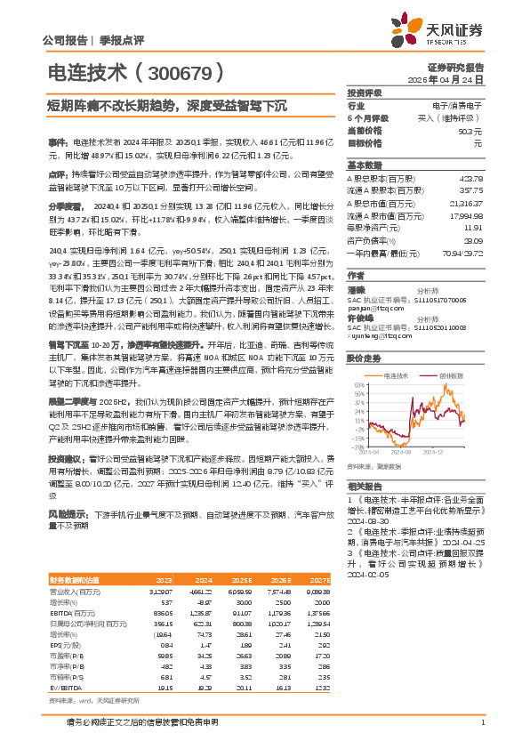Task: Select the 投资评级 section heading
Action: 365,93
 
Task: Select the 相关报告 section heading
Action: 365,486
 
